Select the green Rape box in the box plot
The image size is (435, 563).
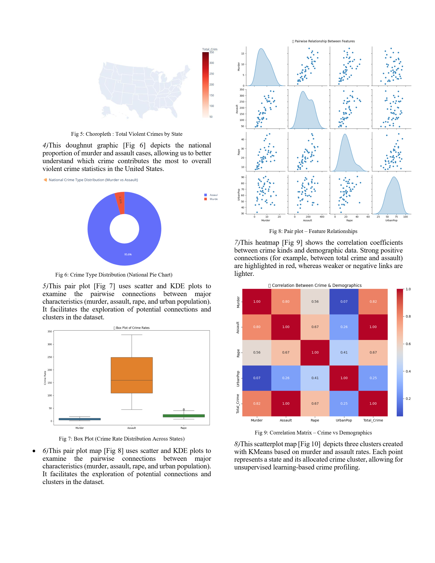tap(184, 416)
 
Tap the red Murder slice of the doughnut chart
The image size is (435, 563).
tap(120, 203)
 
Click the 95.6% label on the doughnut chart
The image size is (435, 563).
tap(128, 255)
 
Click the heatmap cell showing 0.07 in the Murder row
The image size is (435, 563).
tap(344, 301)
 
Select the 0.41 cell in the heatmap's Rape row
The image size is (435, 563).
tap(344, 352)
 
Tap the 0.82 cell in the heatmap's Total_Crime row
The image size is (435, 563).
tap(257, 403)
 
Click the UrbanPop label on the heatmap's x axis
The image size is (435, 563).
tap(344, 420)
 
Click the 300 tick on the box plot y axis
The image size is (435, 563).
tap(49, 344)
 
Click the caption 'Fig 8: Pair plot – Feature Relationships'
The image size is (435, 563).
tap(313, 231)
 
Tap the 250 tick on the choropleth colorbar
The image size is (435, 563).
tap(212, 74)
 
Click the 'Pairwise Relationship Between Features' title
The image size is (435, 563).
tap(325, 41)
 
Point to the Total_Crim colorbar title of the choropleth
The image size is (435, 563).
tap(209, 49)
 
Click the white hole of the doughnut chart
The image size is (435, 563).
tap(124, 229)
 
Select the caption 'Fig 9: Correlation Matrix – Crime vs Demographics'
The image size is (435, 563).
tap(313, 432)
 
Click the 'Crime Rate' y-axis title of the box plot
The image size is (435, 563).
tap(45, 378)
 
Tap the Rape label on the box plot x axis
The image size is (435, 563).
tap(184, 428)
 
